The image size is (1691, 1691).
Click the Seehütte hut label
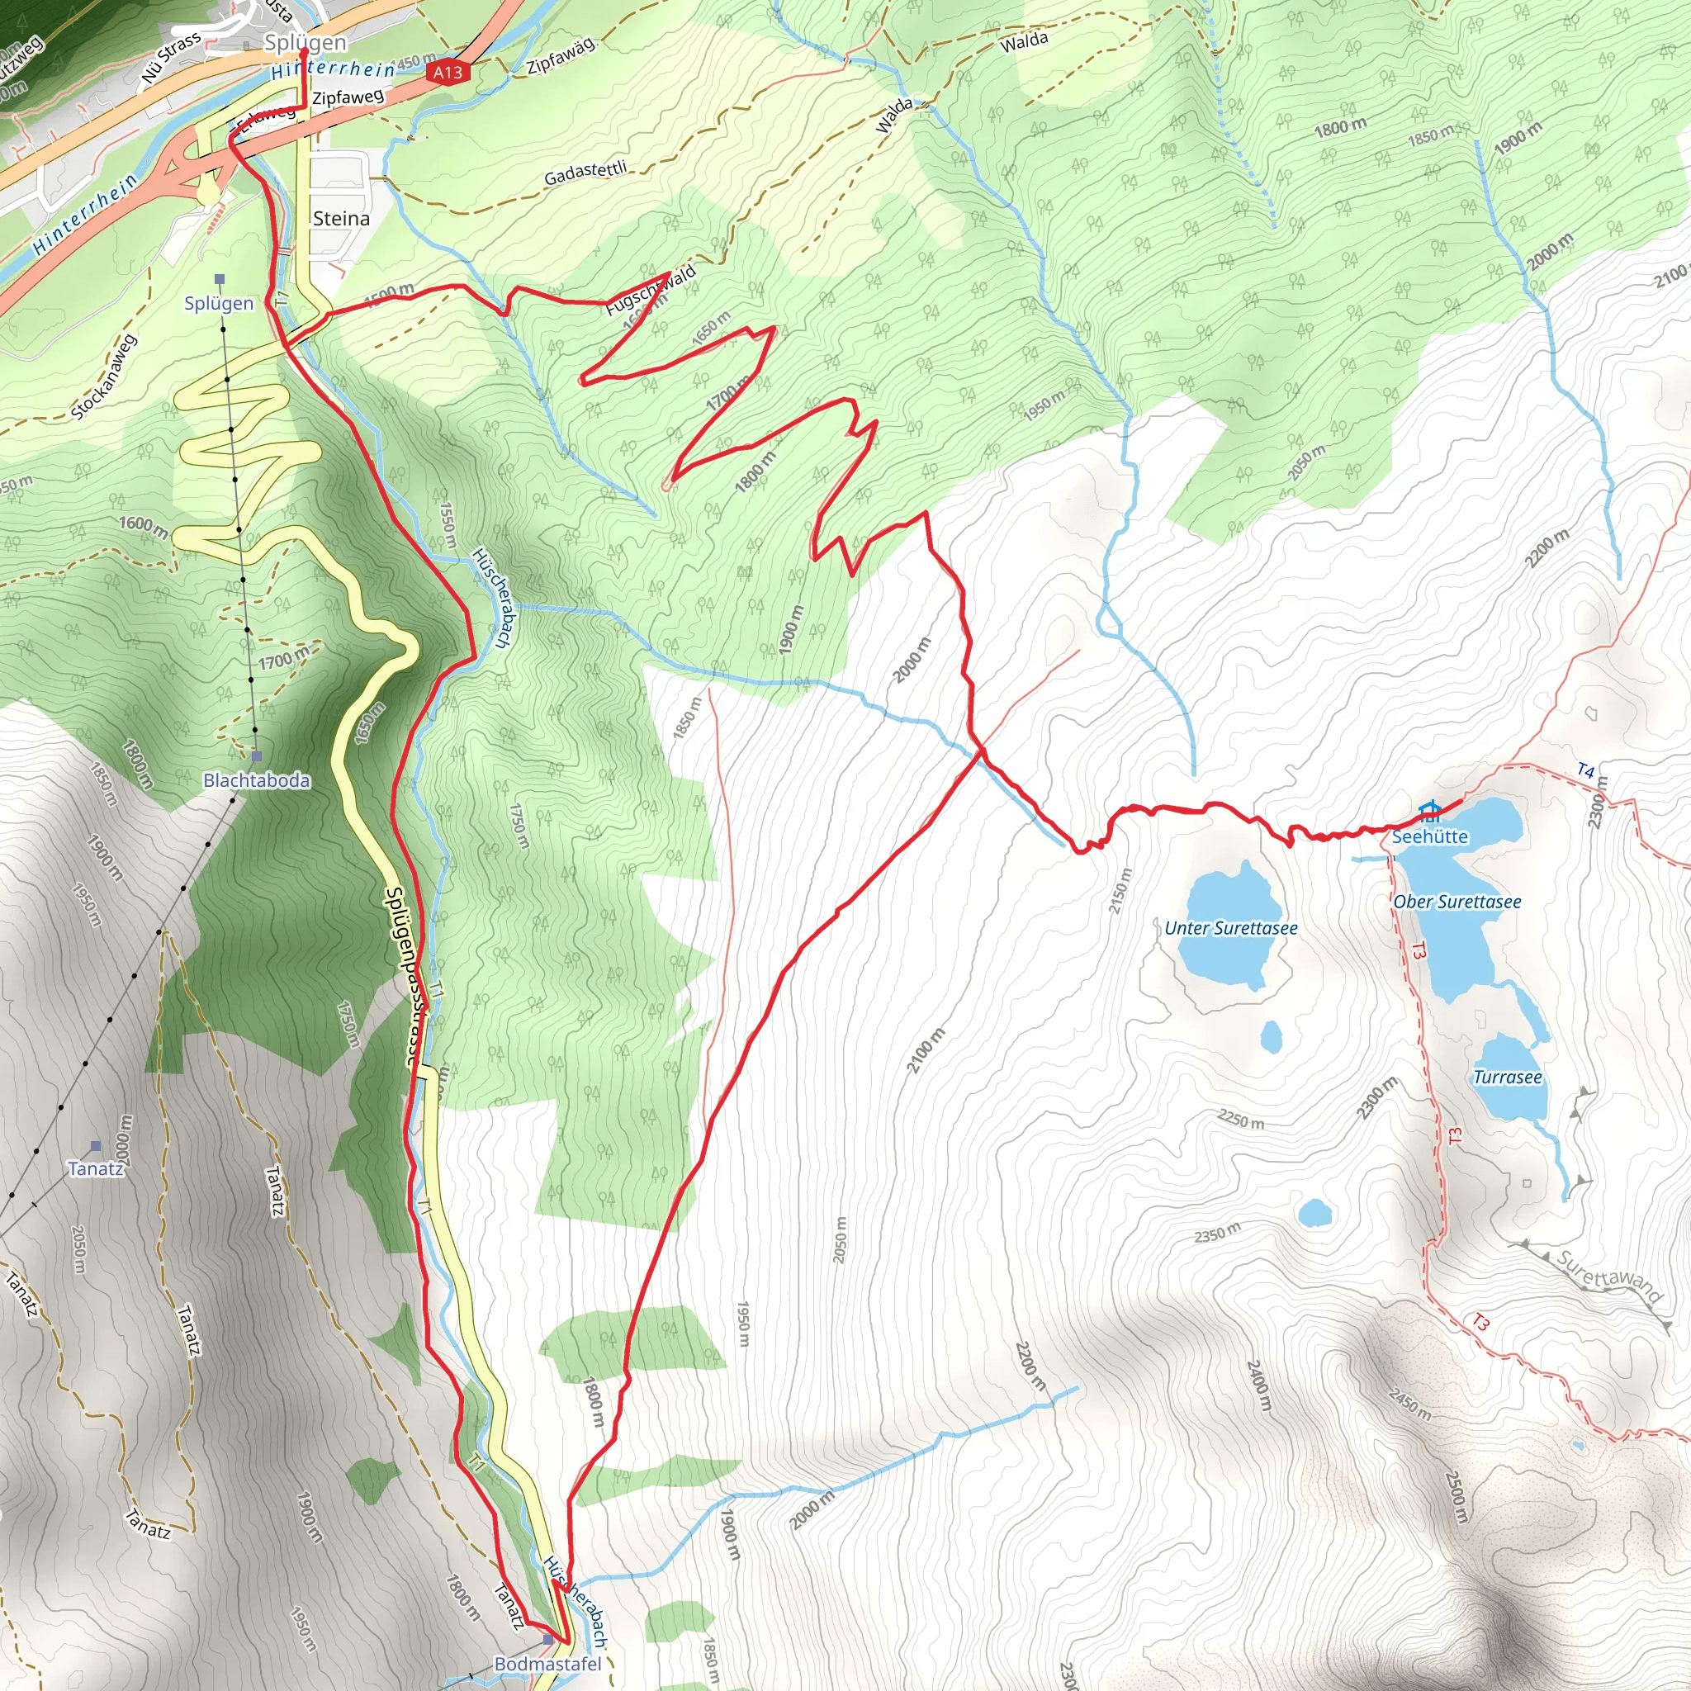(1429, 836)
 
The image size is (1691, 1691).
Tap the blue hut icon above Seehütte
(1429, 810)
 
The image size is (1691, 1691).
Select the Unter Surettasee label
(1230, 928)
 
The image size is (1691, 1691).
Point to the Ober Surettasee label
(1457, 902)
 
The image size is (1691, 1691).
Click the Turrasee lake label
(1507, 1078)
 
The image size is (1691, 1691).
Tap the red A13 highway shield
(448, 73)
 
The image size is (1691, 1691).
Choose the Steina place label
(341, 218)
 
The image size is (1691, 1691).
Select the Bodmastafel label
(548, 1664)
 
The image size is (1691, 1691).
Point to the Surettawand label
(1608, 1277)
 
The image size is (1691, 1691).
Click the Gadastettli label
(585, 173)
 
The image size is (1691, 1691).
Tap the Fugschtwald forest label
(651, 290)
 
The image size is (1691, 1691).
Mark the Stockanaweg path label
(104, 377)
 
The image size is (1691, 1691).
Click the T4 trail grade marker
(1586, 770)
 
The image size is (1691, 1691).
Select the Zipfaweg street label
(348, 97)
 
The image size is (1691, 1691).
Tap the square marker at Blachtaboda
(257, 756)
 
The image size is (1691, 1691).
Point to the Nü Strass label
(172, 59)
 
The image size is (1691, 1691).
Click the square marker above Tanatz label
(96, 1146)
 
